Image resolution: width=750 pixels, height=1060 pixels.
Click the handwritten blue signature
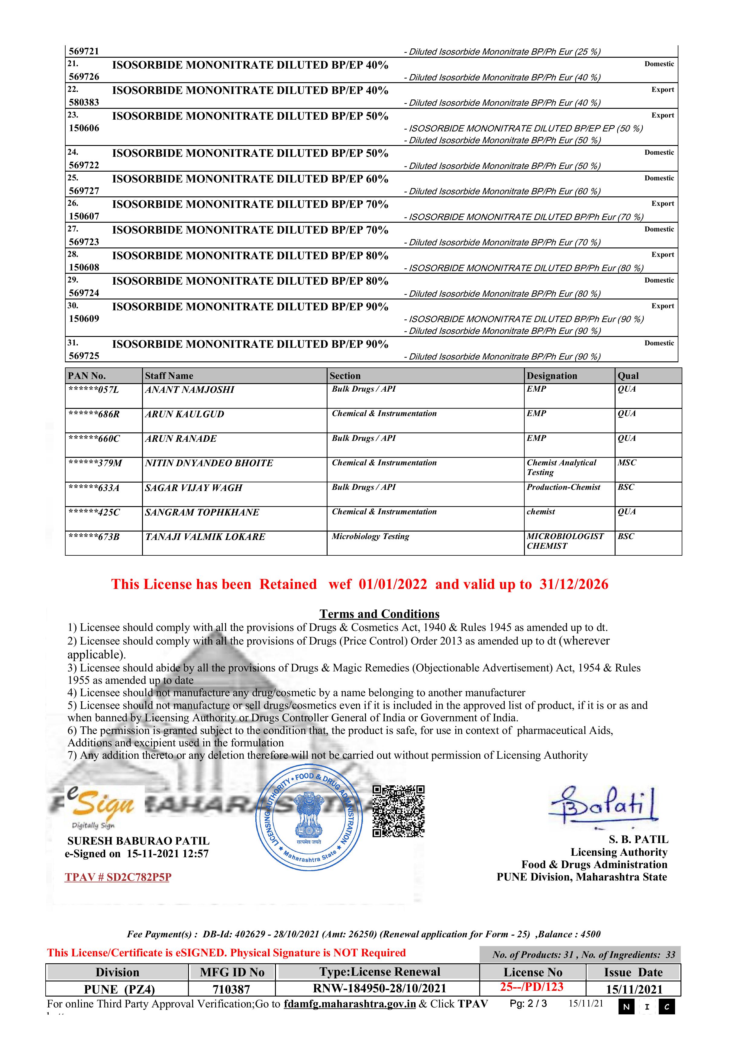tap(603, 806)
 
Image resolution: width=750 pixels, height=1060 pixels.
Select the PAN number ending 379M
tap(95, 463)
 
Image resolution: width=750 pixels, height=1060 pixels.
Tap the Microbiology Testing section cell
tap(370, 536)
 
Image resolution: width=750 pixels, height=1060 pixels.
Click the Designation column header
tap(552, 376)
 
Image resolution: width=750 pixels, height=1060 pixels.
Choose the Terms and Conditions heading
tap(379, 614)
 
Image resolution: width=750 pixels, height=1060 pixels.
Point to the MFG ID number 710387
tap(231, 989)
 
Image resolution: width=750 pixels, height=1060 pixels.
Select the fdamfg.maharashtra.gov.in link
tap(350, 1004)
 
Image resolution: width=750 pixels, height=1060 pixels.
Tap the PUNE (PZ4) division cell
tap(119, 989)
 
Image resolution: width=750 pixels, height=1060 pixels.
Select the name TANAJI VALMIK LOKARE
tap(205, 537)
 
